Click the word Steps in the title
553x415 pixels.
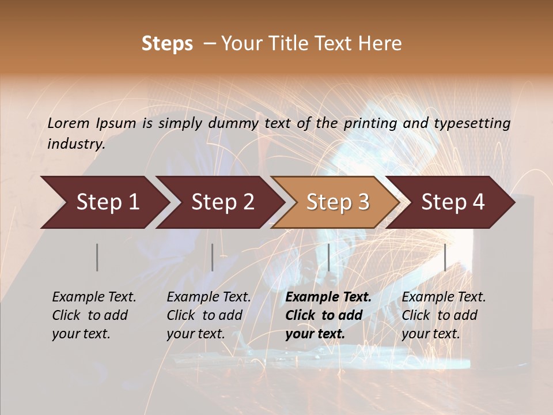(167, 44)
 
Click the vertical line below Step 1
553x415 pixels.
(97, 257)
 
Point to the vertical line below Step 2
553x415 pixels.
(213, 257)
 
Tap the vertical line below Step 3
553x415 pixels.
(328, 257)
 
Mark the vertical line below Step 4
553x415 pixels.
(445, 257)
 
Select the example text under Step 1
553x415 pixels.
(94, 315)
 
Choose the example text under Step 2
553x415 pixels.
(209, 315)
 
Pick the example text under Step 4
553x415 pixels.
(444, 315)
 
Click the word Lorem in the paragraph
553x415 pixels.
(69, 123)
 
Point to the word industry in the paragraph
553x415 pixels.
(75, 144)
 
